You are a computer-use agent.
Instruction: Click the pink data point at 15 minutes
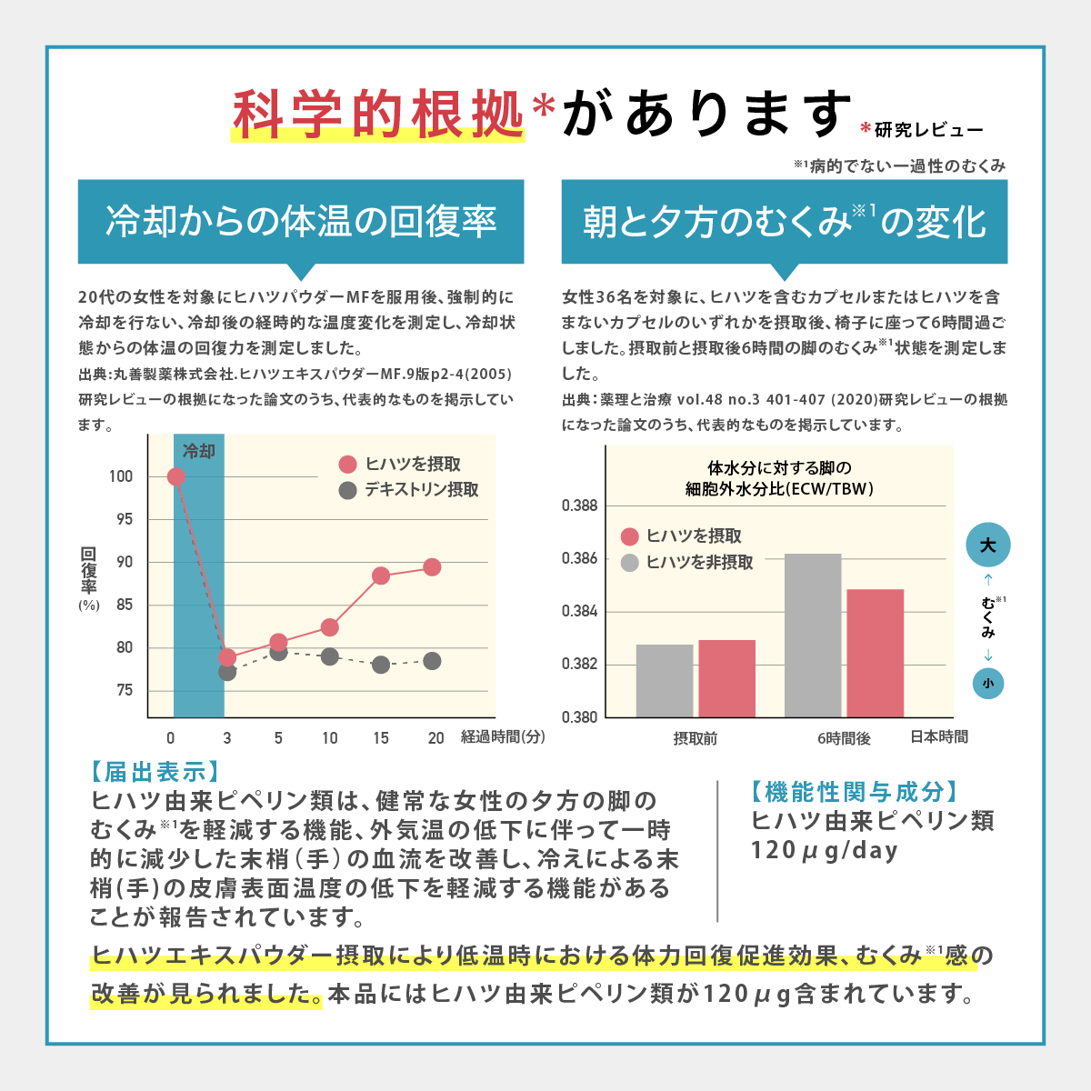click(x=381, y=576)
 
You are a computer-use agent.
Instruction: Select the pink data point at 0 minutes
click(x=176, y=476)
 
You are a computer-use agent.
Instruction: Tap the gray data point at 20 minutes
click(x=432, y=661)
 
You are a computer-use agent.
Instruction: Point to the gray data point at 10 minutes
click(x=330, y=656)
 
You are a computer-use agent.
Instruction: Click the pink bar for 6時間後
click(x=875, y=653)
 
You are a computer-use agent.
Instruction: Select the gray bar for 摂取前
click(x=665, y=680)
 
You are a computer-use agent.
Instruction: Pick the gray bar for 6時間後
click(x=813, y=635)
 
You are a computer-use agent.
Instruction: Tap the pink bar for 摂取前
click(x=726, y=678)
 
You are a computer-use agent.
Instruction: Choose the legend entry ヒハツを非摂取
click(x=687, y=563)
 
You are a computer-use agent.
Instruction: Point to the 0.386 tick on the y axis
click(x=579, y=558)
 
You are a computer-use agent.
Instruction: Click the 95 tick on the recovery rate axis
click(x=124, y=519)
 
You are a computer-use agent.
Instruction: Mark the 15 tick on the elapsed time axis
click(x=381, y=738)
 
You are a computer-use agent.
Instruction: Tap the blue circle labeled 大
click(x=987, y=545)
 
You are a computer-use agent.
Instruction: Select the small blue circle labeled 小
click(x=987, y=684)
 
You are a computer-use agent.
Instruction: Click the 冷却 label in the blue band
click(x=199, y=451)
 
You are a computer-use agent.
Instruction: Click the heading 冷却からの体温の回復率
click(x=301, y=222)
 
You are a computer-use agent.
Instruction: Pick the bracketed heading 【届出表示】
click(x=155, y=772)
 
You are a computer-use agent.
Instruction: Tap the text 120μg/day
click(x=824, y=851)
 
